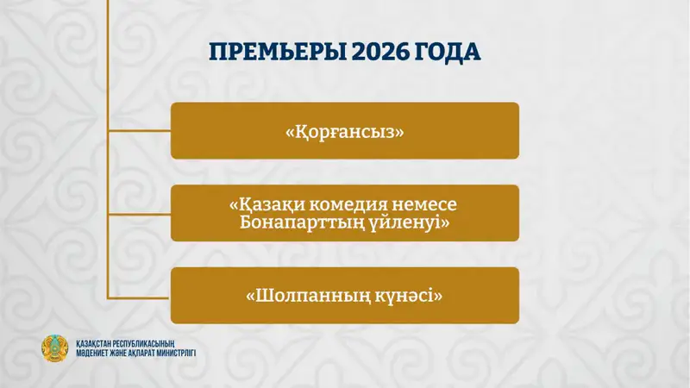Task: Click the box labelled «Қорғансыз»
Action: [344, 131]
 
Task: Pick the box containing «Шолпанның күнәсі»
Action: [344, 296]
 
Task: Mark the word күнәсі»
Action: [406, 296]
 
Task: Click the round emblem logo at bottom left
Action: [54, 348]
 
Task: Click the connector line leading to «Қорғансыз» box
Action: [138, 131]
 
